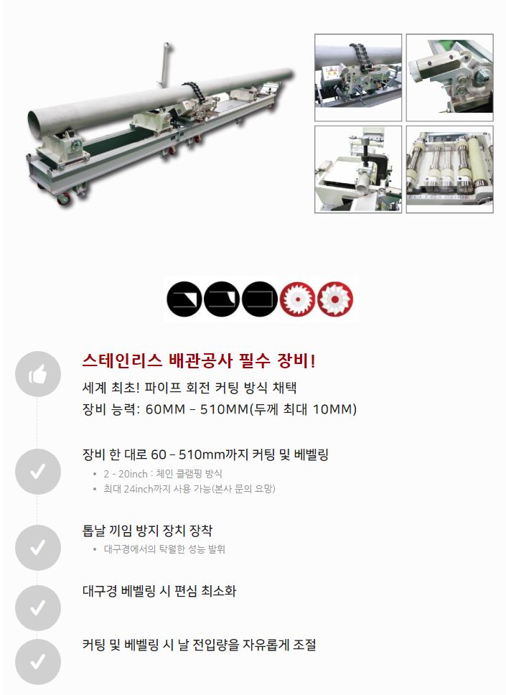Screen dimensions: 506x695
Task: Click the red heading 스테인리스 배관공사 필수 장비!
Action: pos(199,361)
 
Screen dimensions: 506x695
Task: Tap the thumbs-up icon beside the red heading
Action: pos(37,374)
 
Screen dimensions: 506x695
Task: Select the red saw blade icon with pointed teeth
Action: pos(297,299)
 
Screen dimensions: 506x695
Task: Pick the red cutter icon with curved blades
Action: pos(335,299)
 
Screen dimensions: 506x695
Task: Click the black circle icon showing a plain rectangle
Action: pos(260,299)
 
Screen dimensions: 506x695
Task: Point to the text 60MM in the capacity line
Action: pos(165,409)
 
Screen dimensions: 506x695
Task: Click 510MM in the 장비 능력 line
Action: pos(225,409)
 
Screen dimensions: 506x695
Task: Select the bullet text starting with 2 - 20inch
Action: pos(163,474)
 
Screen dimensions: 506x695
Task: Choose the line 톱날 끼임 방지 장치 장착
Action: pos(148,530)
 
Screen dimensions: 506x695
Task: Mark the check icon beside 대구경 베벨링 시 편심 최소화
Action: pos(37,607)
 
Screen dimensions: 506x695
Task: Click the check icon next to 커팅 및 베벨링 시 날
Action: pos(37,662)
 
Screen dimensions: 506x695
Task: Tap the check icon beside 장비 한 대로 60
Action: pos(37,471)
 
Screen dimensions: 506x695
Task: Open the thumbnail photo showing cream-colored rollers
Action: pos(450,169)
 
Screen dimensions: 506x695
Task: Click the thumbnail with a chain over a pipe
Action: pos(358,78)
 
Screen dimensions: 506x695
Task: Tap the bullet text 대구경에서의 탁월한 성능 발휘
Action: pos(164,549)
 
